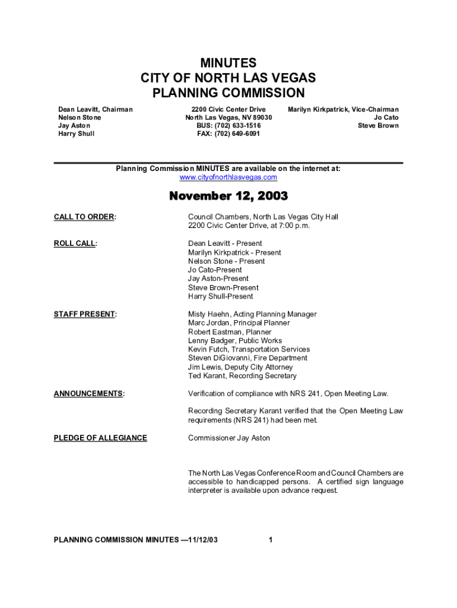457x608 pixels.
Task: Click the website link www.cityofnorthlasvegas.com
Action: [x=228, y=178]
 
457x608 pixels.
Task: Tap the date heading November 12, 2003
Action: [x=228, y=196]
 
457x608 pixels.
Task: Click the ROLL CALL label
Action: [x=75, y=243]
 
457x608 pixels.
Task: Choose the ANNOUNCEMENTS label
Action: [x=89, y=394]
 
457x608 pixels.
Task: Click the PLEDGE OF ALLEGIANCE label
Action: [x=100, y=438]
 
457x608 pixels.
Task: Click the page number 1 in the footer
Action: [x=271, y=540]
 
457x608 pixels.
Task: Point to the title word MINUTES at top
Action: [x=228, y=63]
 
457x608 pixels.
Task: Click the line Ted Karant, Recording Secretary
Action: [x=242, y=376]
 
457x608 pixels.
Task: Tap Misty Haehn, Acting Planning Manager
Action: [x=252, y=314]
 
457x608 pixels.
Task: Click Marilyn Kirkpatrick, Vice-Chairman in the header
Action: [x=343, y=110]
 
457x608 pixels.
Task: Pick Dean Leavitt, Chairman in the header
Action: [x=95, y=110]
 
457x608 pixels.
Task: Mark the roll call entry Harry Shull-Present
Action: [x=220, y=296]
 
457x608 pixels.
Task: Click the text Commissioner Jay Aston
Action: [x=228, y=438]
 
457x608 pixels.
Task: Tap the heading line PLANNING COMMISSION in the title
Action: [x=228, y=93]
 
